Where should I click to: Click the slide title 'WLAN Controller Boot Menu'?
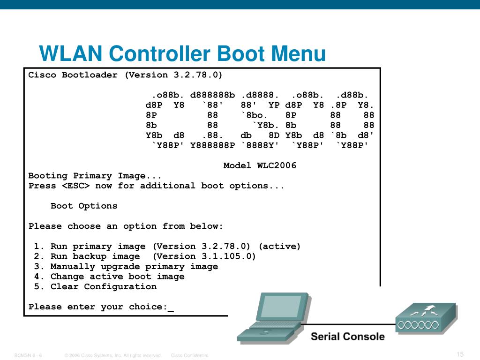[182, 53]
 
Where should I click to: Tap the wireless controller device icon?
[425, 318]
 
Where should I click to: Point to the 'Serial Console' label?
[347, 337]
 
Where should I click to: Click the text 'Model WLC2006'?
[260, 165]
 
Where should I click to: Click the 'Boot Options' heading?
[84, 206]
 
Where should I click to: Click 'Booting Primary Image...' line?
[95, 176]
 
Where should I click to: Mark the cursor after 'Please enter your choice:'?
[171, 308]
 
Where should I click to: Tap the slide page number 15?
[459, 354]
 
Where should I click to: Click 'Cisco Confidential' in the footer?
[189, 355]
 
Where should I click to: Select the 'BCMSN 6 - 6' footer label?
[28, 355]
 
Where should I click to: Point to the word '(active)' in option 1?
[279, 246]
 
